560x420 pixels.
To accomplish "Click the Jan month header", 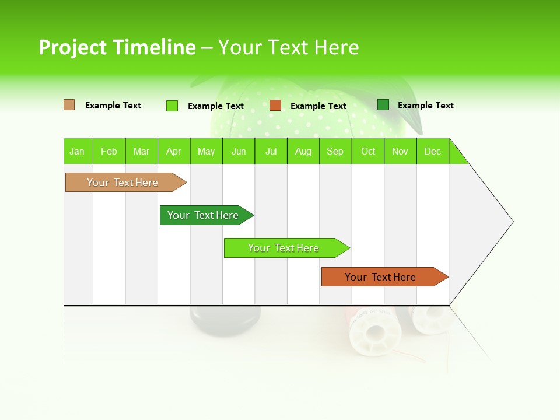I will tap(77, 151).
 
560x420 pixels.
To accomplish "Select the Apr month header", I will tap(173, 151).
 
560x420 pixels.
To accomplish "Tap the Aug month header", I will tap(303, 151).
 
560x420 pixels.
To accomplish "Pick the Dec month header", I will tap(432, 151).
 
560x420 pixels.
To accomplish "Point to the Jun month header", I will tap(239, 151).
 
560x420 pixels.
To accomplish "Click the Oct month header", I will tap(368, 151).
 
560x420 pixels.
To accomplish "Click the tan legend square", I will tap(69, 105).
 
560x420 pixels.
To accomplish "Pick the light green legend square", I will tap(172, 106).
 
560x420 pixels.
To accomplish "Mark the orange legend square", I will tap(275, 106).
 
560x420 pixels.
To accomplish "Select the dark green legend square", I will tap(383, 105).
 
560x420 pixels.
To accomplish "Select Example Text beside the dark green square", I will tap(425, 105).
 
